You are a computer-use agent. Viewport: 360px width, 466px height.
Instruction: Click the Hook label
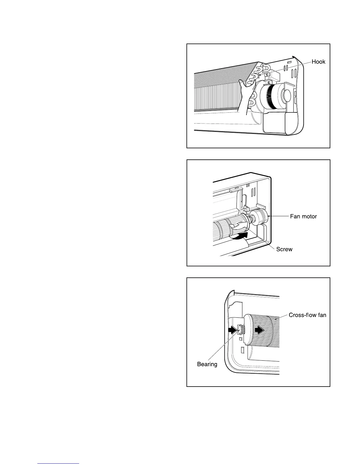click(319, 62)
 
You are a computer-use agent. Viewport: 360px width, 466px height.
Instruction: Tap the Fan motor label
click(303, 217)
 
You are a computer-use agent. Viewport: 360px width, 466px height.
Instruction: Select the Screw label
click(284, 249)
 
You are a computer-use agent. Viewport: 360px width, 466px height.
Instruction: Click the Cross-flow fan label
click(307, 315)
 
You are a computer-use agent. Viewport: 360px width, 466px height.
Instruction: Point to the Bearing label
click(207, 364)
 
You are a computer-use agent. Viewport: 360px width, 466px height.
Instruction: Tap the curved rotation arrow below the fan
click(241, 236)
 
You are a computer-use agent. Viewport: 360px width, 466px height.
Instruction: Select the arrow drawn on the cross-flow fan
click(259, 330)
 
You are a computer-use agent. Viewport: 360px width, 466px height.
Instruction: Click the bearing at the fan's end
click(240, 329)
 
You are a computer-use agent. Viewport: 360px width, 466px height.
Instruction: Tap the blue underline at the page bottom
click(59, 464)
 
